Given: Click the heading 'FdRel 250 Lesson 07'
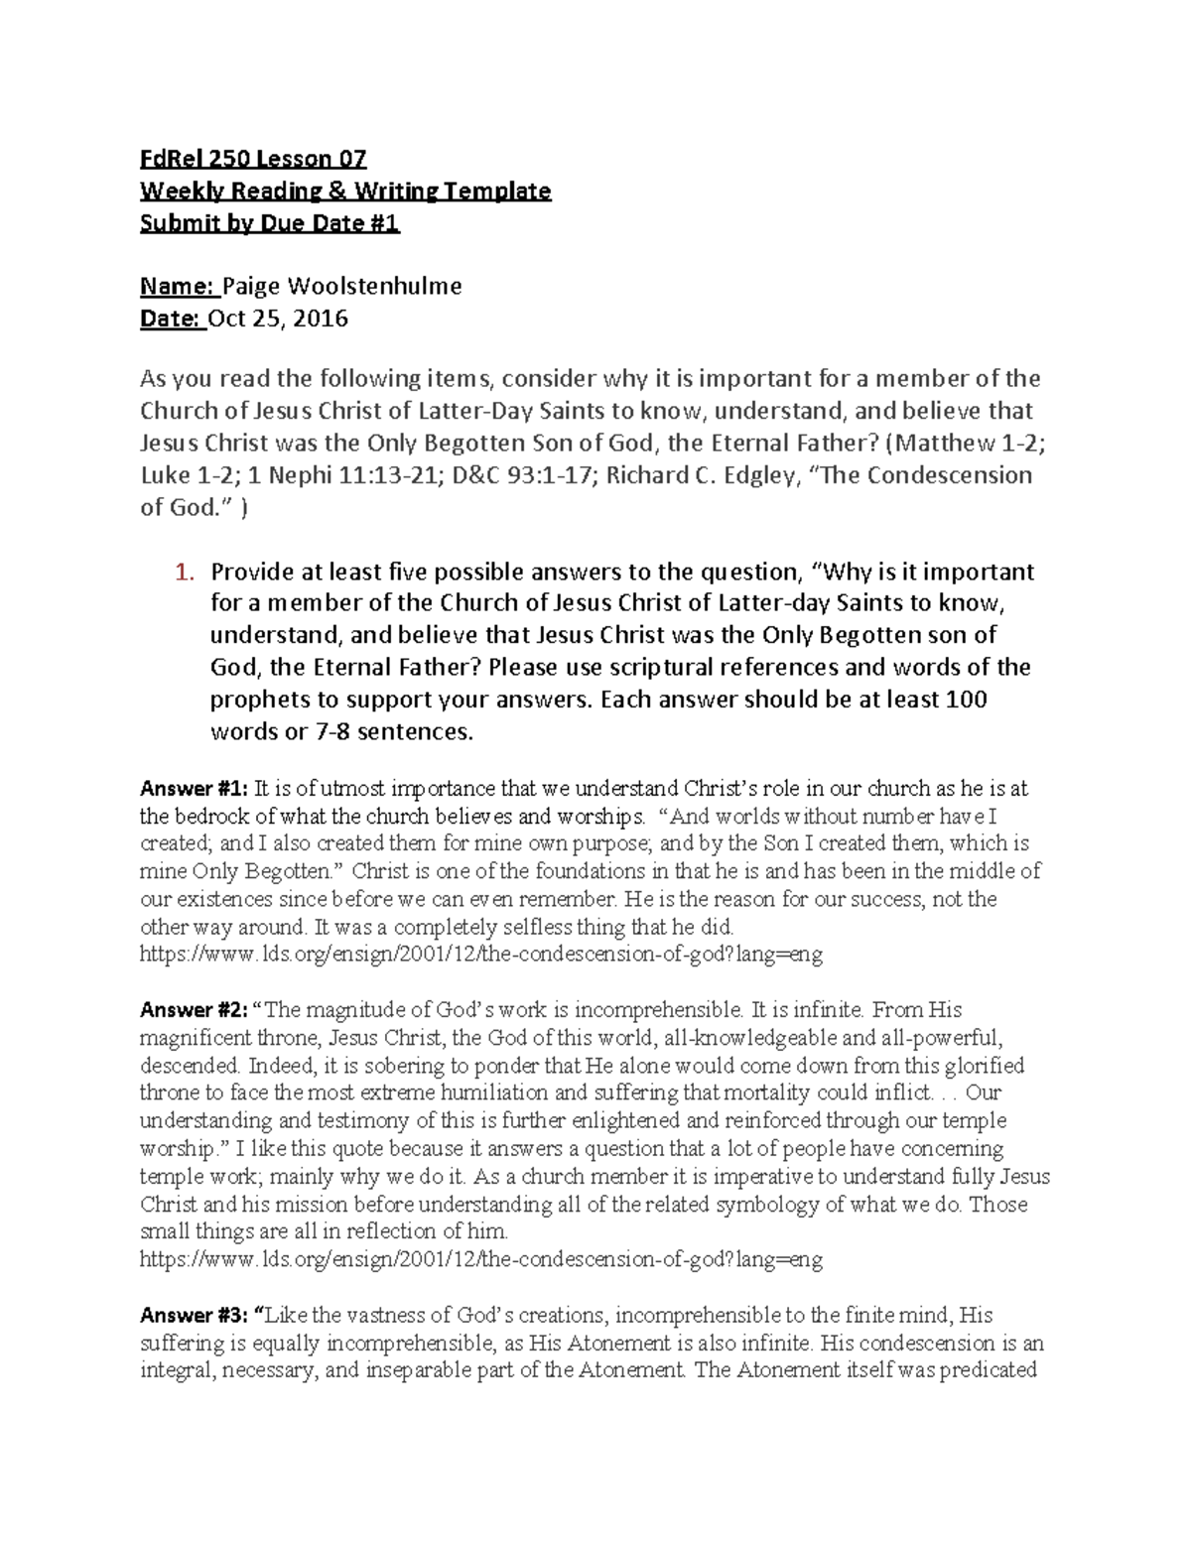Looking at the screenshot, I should pyautogui.click(x=253, y=159).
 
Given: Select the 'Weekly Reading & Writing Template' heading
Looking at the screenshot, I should pyautogui.click(x=345, y=191).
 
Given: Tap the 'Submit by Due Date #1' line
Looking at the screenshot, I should pyautogui.click(x=270, y=223).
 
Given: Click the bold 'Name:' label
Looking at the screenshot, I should pyautogui.click(x=179, y=287).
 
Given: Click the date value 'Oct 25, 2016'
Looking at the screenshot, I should pyautogui.click(x=278, y=319).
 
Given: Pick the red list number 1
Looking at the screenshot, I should pyautogui.click(x=182, y=572).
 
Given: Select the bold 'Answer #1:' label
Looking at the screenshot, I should pyautogui.click(x=194, y=790).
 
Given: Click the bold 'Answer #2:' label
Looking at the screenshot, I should pyautogui.click(x=194, y=1010).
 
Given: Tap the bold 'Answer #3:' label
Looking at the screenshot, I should pyautogui.click(x=194, y=1316).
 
